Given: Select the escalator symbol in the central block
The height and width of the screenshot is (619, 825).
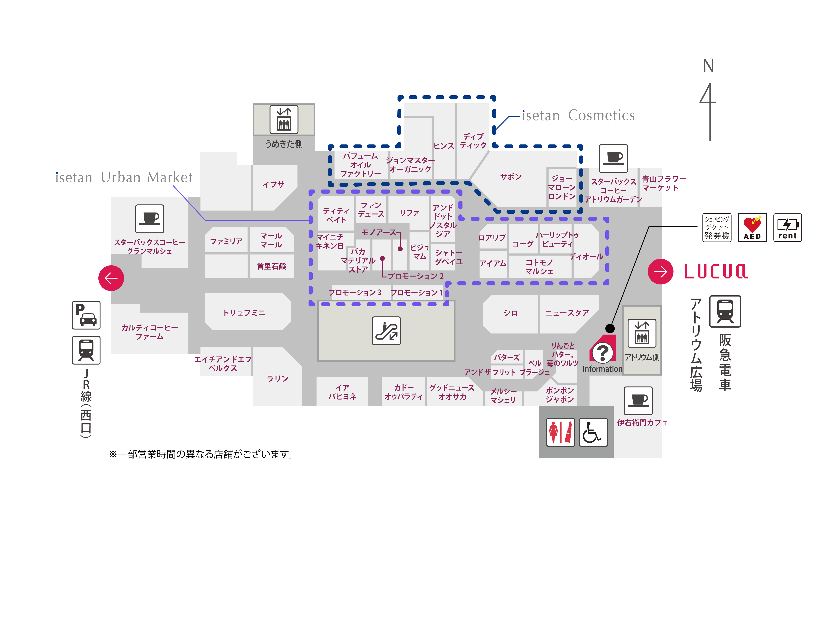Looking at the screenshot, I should coord(386,331).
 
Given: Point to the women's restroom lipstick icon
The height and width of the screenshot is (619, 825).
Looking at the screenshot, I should coord(560,432).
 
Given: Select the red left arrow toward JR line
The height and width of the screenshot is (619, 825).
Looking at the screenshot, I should coord(111,278).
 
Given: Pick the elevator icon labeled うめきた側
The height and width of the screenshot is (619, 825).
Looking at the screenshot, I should coord(284,119).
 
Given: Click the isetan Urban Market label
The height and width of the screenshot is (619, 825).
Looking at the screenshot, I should coord(124,177).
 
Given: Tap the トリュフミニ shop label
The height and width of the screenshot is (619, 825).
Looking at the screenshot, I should coord(244,313).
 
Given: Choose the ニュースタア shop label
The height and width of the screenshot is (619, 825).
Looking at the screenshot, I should coord(567,313).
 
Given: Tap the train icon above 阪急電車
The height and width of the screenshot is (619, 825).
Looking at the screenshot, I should coord(725,311).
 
